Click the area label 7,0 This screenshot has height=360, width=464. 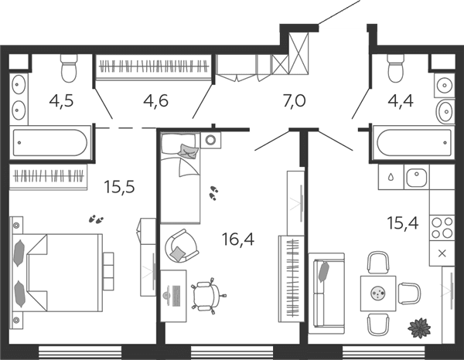[294, 101]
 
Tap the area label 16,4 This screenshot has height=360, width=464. [238, 239]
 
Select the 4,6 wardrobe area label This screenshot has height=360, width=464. [156, 101]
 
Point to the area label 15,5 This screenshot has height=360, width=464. [120, 187]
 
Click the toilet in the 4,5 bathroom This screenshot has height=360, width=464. [69, 68]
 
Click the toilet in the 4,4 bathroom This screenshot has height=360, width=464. [396, 68]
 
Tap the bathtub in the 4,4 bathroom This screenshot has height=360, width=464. [414, 143]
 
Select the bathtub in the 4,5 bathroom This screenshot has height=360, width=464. [50, 142]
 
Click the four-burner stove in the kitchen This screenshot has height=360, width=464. [442, 228]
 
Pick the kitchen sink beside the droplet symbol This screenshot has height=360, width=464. [416, 177]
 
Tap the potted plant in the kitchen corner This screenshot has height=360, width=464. [419, 328]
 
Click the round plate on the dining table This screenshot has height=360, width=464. [378, 294]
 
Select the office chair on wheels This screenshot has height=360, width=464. [208, 294]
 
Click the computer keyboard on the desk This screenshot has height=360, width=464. [176, 296]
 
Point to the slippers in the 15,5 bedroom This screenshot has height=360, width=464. [96, 219]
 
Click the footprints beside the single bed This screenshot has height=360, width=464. [213, 192]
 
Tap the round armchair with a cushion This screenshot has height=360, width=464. [181, 246]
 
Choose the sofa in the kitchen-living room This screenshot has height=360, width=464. [326, 294]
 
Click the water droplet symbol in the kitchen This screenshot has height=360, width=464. [391, 177]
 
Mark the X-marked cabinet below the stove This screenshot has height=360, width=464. [442, 253]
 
